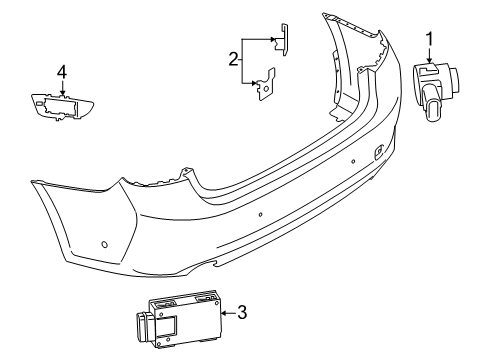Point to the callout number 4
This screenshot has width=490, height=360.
61,71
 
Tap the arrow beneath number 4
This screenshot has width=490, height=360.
61,89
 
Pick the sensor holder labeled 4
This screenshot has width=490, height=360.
62,105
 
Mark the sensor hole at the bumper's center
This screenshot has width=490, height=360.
259,215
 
